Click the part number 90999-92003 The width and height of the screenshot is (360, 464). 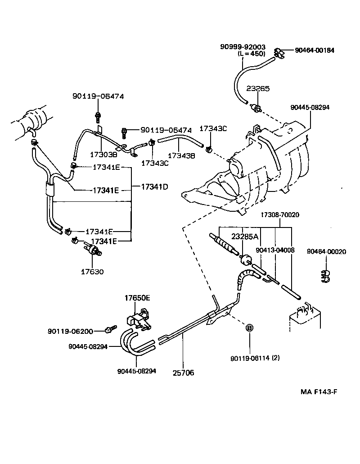tap(243, 47)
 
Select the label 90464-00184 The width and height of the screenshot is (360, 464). tap(315, 50)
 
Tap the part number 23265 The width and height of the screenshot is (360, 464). tap(258, 89)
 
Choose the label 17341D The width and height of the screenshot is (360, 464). tap(154, 186)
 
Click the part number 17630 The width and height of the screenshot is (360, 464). tap(92, 272)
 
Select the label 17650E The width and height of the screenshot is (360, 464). tap(137, 298)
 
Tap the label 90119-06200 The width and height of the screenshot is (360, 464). tap(70, 332)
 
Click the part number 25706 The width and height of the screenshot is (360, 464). tap(183, 373)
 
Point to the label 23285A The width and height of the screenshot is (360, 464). tap(245, 236)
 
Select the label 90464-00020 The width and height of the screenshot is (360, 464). tap(327, 251)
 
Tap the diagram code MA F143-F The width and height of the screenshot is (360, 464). tap(319, 392)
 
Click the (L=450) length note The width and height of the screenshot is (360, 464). tap(252, 54)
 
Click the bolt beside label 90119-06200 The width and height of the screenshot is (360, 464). tap(109, 330)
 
